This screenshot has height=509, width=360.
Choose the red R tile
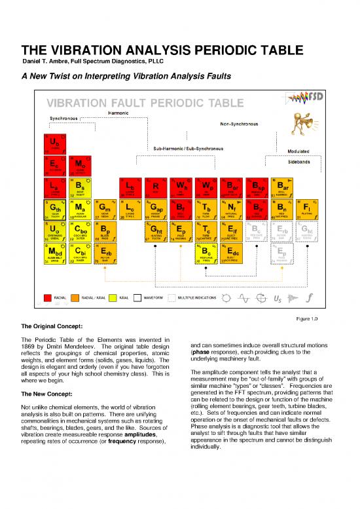pyautogui.click(x=155, y=187)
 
